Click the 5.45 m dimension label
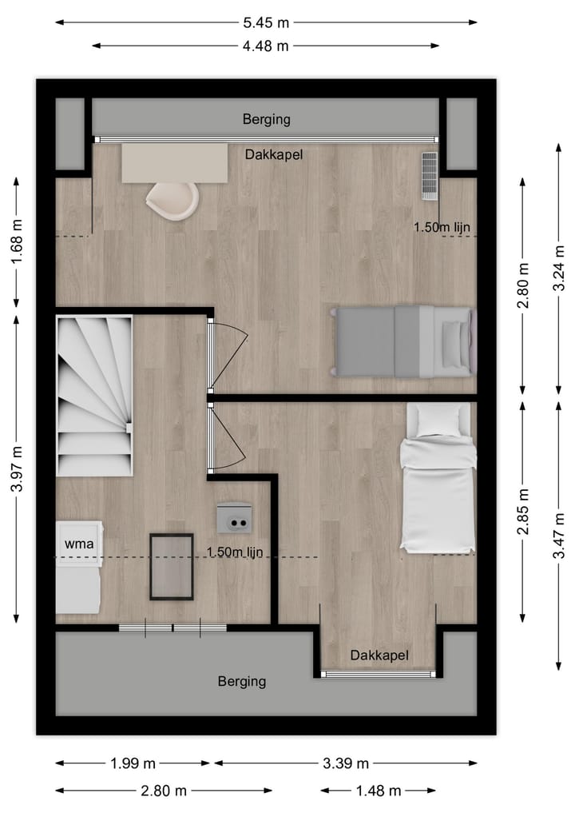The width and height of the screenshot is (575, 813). point(266,22)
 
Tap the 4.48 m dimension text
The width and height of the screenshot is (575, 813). point(266,46)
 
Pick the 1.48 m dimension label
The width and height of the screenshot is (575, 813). point(379,791)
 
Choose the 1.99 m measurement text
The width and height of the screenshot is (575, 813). point(132,763)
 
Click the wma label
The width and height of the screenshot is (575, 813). point(79,544)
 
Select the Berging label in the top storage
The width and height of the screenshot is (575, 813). point(266,120)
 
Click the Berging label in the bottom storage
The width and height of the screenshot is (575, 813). point(242,682)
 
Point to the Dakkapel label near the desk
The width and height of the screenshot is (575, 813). point(274,155)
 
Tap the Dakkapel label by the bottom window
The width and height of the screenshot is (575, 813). point(379,656)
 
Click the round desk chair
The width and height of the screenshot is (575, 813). point(172,200)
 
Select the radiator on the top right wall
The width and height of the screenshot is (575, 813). point(430,175)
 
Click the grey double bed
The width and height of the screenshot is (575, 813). point(403,341)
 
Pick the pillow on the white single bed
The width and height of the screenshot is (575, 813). point(438,420)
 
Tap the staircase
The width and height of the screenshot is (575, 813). point(94,396)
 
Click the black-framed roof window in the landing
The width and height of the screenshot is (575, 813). point(172,567)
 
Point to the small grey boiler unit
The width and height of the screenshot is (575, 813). point(234,517)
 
